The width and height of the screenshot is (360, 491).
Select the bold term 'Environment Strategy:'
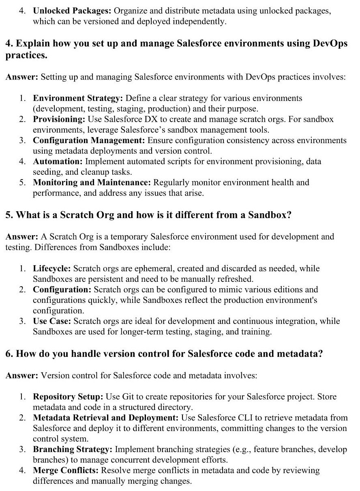[x=78, y=98]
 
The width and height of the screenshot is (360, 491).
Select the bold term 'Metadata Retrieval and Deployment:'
[x=106, y=418]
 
